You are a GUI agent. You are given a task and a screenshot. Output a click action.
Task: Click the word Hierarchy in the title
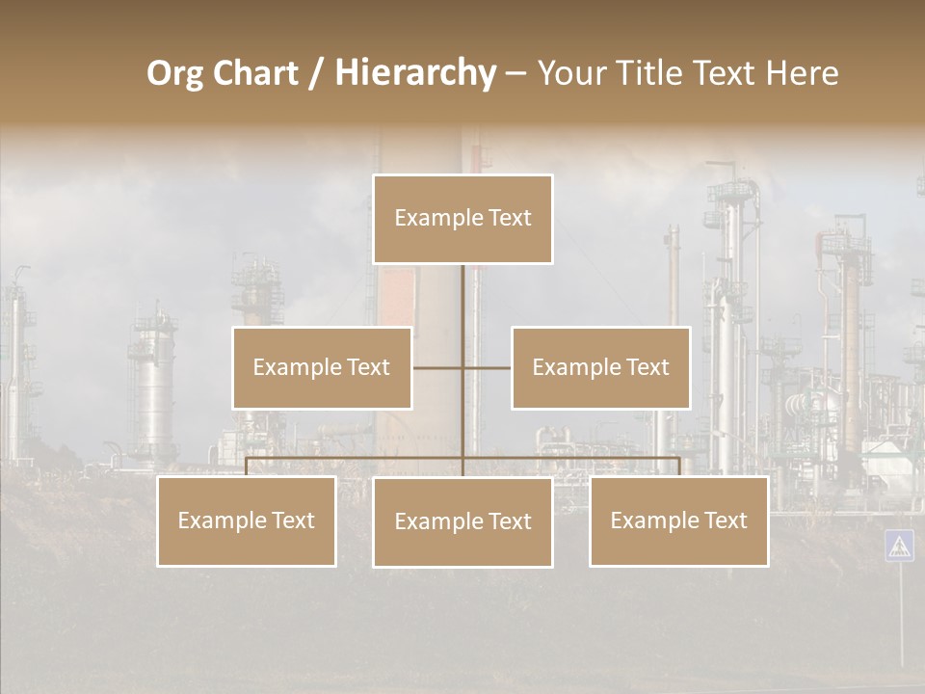(x=414, y=73)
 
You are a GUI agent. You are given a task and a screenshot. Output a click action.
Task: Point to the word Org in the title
(x=175, y=73)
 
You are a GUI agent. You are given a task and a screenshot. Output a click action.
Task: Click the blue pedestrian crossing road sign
(x=899, y=546)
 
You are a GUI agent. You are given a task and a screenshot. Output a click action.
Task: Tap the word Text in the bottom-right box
(x=723, y=520)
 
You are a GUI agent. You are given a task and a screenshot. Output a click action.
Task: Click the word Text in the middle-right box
(x=645, y=367)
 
